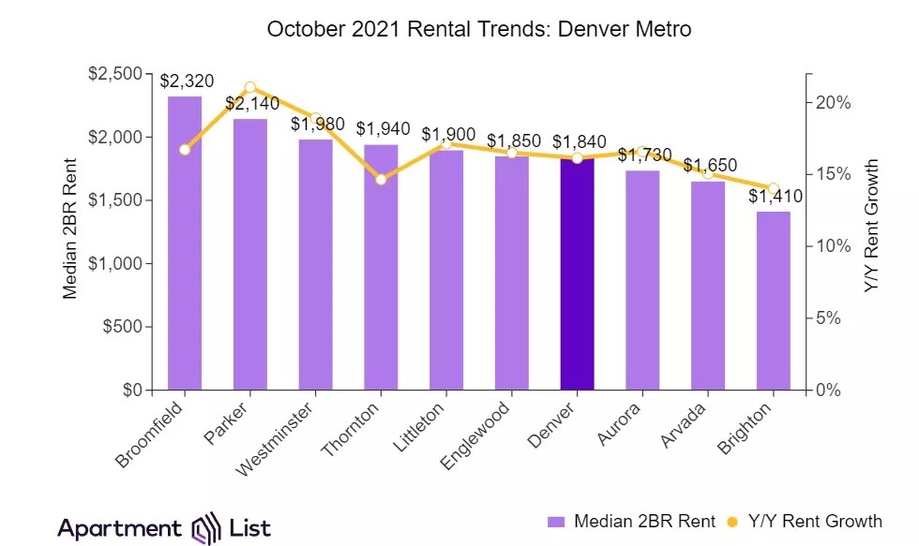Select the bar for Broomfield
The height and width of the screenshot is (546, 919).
pyautogui.click(x=185, y=243)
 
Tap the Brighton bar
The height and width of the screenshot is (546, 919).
pyautogui.click(x=774, y=301)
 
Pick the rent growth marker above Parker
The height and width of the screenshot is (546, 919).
pyautogui.click(x=249, y=87)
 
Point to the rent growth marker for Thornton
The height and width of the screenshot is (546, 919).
pyautogui.click(x=381, y=179)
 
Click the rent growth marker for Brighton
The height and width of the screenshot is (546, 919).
pyautogui.click(x=774, y=188)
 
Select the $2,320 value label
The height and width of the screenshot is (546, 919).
pyautogui.click(x=185, y=81)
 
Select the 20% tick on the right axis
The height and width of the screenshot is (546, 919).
pyautogui.click(x=833, y=103)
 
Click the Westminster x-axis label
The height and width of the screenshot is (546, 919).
pyautogui.click(x=279, y=437)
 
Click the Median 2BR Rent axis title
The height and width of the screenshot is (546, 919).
pyautogui.click(x=70, y=231)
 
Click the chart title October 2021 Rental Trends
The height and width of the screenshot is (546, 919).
pyautogui.click(x=479, y=29)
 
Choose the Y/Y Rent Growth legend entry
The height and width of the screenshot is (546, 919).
pyautogui.click(x=807, y=522)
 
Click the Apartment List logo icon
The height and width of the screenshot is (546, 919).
pyautogui.click(x=206, y=528)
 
